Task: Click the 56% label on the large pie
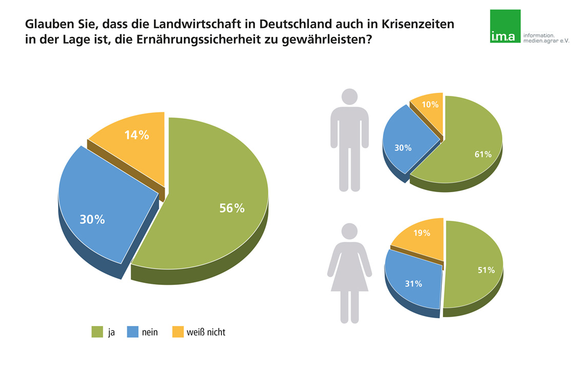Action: pyautogui.click(x=232, y=209)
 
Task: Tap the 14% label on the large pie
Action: pyautogui.click(x=136, y=135)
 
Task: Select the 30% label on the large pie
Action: pyautogui.click(x=92, y=219)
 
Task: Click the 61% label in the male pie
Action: pyautogui.click(x=483, y=154)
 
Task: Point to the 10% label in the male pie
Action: pyautogui.click(x=430, y=105)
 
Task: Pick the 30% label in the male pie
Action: pyautogui.click(x=403, y=148)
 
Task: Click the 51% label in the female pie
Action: pyautogui.click(x=486, y=270)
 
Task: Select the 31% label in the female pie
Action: pyautogui.click(x=414, y=283)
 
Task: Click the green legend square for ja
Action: pyautogui.click(x=97, y=332)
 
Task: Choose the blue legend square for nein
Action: pyautogui.click(x=132, y=332)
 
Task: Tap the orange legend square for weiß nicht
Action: pyautogui.click(x=178, y=332)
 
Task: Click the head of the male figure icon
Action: pyautogui.click(x=349, y=97)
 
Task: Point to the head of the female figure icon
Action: pyautogui.click(x=349, y=231)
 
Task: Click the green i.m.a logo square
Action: pyautogui.click(x=505, y=26)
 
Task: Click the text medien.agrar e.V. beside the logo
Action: pyautogui.click(x=546, y=40)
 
